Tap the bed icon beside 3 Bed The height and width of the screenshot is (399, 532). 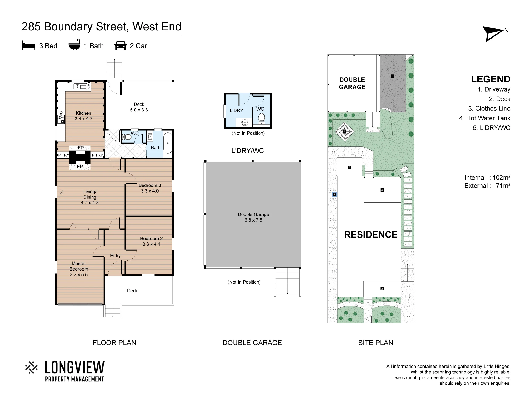(x=28, y=46)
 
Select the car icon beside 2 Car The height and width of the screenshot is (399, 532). (x=120, y=45)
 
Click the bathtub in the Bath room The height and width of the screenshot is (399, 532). (x=168, y=143)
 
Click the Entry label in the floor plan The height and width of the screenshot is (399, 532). (x=115, y=256)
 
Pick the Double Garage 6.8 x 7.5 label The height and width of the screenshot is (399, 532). (x=253, y=217)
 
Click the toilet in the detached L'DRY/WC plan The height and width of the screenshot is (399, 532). (x=261, y=119)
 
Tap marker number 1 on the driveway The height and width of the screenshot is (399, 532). (x=393, y=76)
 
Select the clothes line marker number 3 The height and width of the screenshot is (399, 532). (x=344, y=131)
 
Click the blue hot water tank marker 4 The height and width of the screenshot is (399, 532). (x=334, y=194)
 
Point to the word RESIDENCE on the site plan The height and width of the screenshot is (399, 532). (x=371, y=235)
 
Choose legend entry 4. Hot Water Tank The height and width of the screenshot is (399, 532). (x=485, y=118)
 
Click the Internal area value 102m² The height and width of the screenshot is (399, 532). (x=501, y=177)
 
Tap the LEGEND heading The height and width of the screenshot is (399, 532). (x=491, y=79)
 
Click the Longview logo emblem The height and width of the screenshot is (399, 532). (x=32, y=368)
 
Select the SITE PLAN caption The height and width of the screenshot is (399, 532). (x=376, y=343)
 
